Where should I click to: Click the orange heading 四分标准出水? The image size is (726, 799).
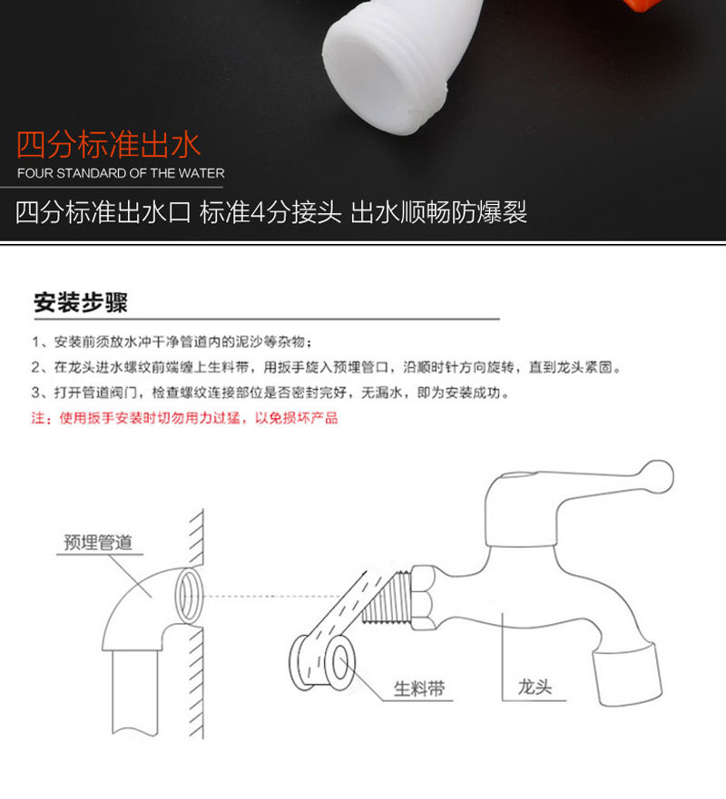pos(109,145)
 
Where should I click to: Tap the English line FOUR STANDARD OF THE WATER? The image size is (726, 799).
pos(121,172)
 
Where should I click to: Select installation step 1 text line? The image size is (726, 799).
pos(172,342)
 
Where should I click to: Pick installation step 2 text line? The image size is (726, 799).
pos(327,368)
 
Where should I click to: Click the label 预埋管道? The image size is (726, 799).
pos(98,542)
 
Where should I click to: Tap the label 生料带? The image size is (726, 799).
pos(419,688)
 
